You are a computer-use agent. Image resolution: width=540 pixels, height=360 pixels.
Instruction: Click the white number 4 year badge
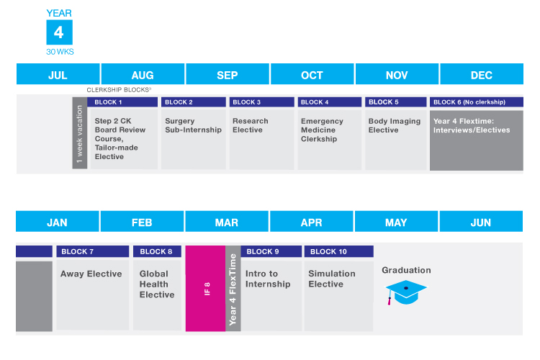click(59, 33)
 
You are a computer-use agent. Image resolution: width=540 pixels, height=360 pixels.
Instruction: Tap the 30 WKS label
click(59, 52)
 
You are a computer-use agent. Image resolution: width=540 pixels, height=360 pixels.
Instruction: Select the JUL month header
click(58, 75)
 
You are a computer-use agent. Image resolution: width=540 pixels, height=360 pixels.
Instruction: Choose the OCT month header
click(312, 75)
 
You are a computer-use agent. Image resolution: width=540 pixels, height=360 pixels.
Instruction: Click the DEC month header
click(481, 75)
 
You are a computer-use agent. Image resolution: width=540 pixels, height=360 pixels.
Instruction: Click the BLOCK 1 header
click(123, 102)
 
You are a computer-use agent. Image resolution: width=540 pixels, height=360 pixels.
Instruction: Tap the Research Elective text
click(251, 125)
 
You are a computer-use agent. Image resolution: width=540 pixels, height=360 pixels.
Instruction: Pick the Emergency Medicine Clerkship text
click(322, 130)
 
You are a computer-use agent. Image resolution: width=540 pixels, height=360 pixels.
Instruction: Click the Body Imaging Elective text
click(395, 125)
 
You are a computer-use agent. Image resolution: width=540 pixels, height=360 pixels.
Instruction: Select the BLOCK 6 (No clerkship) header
click(476, 102)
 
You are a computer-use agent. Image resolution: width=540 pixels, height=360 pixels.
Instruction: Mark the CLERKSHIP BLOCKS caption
click(119, 90)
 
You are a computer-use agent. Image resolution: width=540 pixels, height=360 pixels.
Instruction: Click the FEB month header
click(142, 222)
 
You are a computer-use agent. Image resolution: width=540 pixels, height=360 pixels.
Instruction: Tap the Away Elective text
click(91, 274)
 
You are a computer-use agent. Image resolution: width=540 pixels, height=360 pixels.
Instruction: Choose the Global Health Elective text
click(157, 284)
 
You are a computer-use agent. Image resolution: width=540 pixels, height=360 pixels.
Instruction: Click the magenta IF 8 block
click(206, 289)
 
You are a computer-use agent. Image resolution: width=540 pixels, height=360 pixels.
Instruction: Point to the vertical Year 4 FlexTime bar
click(233, 289)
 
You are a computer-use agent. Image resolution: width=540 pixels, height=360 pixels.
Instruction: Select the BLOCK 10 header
click(338, 251)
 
